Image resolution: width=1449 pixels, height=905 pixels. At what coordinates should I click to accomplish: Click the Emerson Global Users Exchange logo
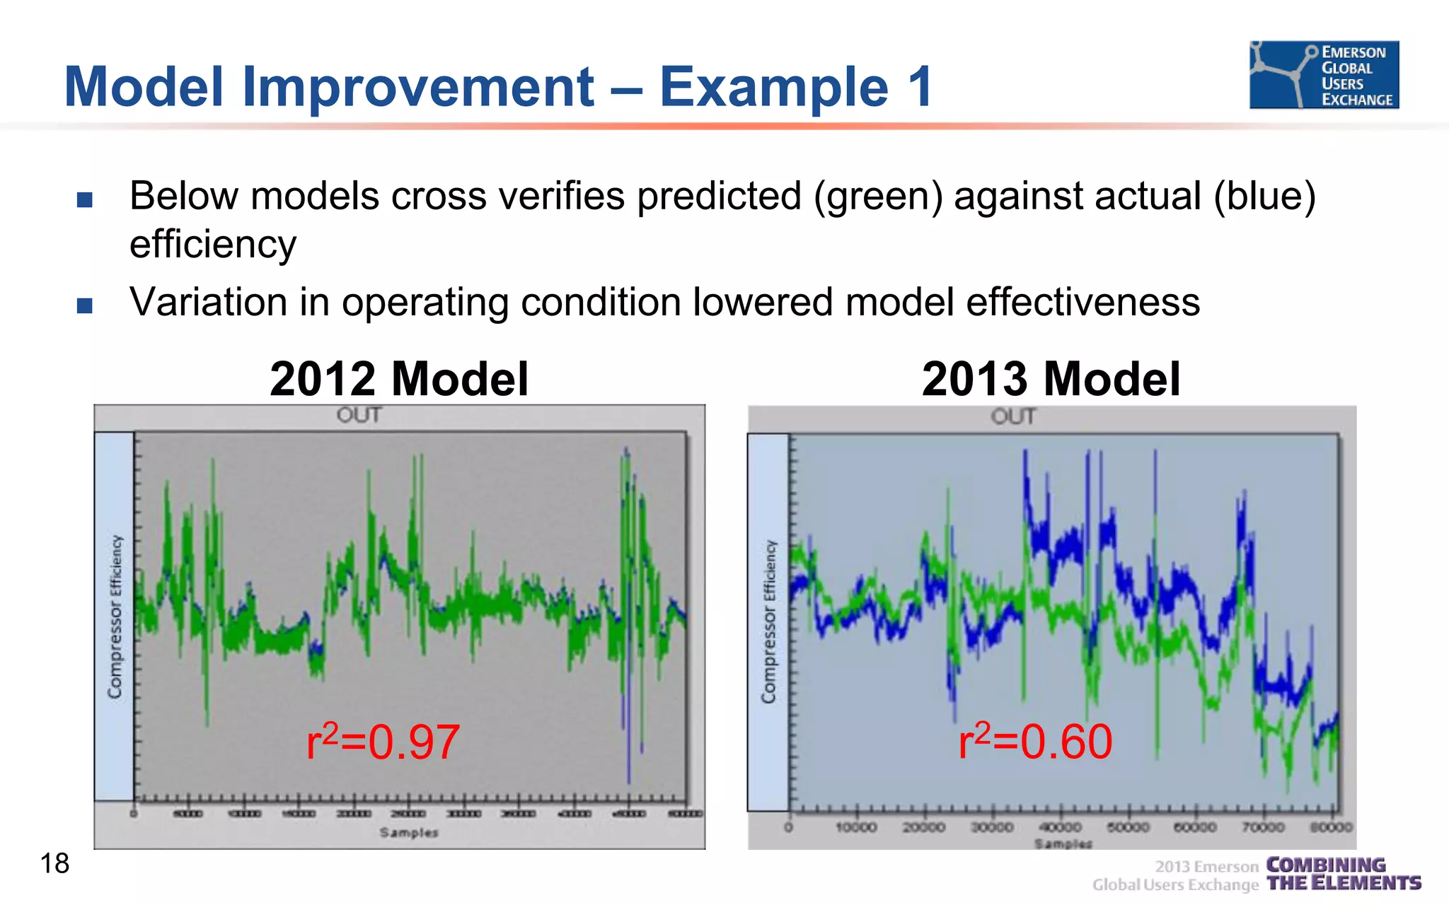pyautogui.click(x=1324, y=75)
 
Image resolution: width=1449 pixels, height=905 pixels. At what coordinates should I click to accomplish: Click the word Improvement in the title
pyautogui.click(x=417, y=87)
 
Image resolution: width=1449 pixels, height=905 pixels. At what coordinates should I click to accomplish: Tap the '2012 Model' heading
pyautogui.click(x=399, y=379)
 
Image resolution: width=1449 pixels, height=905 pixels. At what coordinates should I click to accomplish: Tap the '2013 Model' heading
pyautogui.click(x=1051, y=379)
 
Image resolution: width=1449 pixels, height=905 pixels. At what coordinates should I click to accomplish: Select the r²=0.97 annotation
pyautogui.click(x=383, y=742)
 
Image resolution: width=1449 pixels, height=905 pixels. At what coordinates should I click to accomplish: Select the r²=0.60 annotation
pyautogui.click(x=1035, y=742)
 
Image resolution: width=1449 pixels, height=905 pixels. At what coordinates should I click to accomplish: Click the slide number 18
pyautogui.click(x=54, y=863)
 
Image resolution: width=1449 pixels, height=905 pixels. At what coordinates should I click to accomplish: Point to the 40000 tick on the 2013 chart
pyautogui.click(x=1060, y=827)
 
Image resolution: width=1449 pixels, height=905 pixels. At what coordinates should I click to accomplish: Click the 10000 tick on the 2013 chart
pyautogui.click(x=856, y=827)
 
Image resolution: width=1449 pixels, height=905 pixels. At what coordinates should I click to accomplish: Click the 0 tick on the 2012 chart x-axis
pyautogui.click(x=134, y=814)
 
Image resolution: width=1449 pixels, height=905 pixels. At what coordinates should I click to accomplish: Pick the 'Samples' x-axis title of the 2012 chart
pyautogui.click(x=409, y=833)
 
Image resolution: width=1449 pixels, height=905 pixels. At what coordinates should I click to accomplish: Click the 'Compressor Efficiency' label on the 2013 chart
pyautogui.click(x=769, y=622)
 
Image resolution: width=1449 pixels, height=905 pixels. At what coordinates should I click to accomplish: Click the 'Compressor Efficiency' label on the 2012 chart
pyautogui.click(x=115, y=617)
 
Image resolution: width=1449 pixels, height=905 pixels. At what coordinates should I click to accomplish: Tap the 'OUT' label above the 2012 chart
pyautogui.click(x=359, y=415)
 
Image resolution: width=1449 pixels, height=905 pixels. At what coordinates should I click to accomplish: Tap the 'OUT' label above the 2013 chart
pyautogui.click(x=1013, y=416)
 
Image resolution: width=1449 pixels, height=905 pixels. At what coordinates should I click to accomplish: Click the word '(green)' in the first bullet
pyautogui.click(x=877, y=197)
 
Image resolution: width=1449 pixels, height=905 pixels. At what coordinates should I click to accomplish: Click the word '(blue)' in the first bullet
pyautogui.click(x=1264, y=197)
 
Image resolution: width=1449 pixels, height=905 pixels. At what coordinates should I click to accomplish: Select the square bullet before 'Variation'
pyautogui.click(x=85, y=305)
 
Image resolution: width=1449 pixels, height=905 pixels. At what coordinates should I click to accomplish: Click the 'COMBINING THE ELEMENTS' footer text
pyautogui.click(x=1342, y=875)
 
